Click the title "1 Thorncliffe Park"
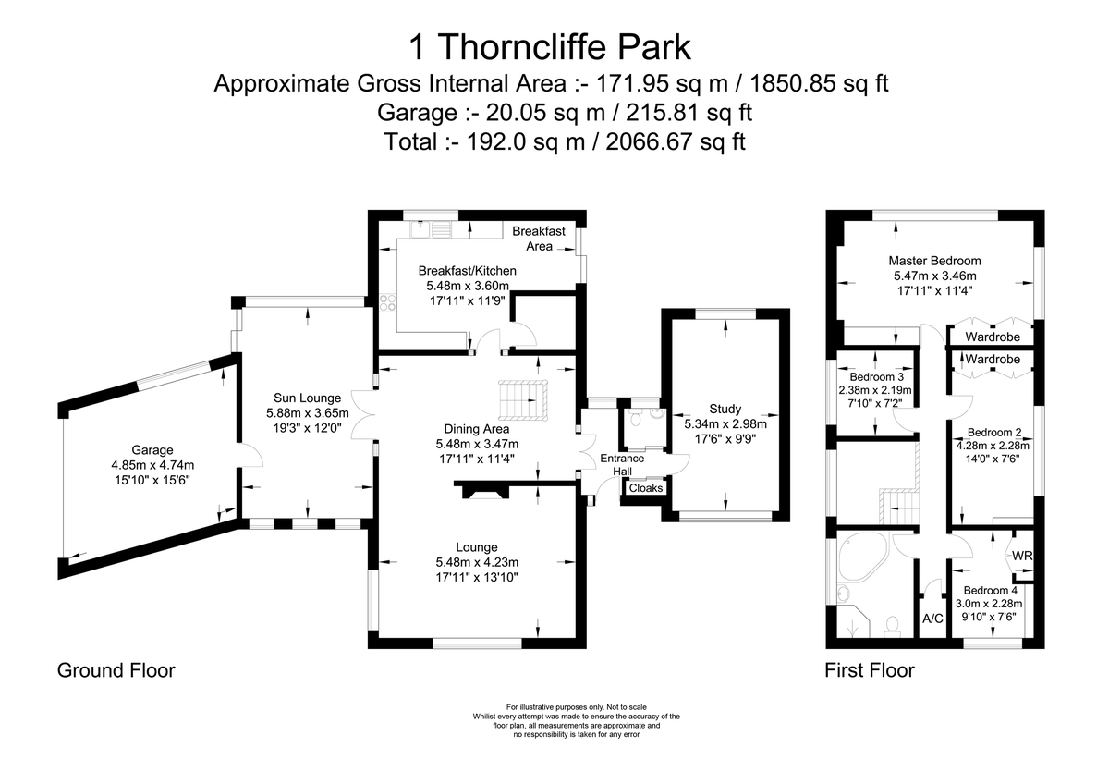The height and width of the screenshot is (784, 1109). (550, 47)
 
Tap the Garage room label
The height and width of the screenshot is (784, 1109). (152, 449)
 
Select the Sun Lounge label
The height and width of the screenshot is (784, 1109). (308, 398)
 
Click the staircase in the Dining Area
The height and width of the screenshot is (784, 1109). (523, 400)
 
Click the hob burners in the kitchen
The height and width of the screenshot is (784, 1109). (387, 302)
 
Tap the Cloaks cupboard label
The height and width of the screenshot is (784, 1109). (646, 488)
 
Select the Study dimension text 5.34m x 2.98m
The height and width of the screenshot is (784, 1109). (725, 424)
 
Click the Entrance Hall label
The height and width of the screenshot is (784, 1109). (622, 464)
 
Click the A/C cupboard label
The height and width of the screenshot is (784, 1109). (932, 619)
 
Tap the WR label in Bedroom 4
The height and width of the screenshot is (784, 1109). (1022, 556)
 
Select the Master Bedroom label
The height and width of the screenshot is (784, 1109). (934, 261)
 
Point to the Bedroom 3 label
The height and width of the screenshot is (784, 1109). (876, 377)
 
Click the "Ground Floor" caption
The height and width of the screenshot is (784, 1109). (116, 670)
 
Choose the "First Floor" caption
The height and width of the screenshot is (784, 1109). (870, 670)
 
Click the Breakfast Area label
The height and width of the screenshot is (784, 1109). (539, 239)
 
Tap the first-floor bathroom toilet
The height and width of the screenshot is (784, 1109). (892, 626)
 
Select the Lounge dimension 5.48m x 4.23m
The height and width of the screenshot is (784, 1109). (477, 562)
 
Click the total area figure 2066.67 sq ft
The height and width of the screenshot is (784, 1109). (676, 142)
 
